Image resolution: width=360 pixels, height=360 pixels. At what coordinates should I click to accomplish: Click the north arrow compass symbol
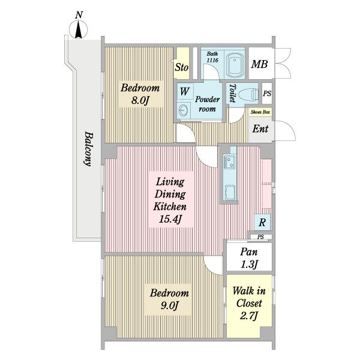coord(78,29)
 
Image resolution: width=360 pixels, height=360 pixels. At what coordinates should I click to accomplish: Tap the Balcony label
coord(89,149)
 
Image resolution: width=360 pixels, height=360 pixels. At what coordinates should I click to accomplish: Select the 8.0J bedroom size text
coord(140,100)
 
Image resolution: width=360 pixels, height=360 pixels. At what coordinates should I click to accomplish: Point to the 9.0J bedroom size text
coord(169,305)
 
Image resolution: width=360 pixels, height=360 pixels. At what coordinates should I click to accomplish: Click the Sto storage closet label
coord(182,67)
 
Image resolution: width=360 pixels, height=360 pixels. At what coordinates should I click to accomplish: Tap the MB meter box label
coord(259,64)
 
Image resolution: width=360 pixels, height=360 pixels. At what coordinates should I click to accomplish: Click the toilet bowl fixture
coord(248,94)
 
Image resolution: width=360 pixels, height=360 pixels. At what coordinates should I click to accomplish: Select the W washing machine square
coord(185,91)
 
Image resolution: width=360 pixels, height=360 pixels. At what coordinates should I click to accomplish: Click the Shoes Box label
coord(260,112)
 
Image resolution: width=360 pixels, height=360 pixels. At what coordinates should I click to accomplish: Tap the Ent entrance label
coord(260,128)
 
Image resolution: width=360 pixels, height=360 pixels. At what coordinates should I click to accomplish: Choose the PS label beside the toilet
coord(267,94)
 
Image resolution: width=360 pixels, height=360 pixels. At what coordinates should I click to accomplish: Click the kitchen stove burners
coord(230,161)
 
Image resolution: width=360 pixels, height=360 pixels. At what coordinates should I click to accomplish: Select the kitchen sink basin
coord(230,193)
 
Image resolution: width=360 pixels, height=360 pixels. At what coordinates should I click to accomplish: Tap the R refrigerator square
coord(262,222)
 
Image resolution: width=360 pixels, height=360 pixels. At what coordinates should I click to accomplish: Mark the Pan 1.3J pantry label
coord(249,258)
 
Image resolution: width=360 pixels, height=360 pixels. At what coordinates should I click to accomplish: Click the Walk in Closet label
coord(249,297)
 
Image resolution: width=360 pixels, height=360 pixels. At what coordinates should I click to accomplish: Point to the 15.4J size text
coord(170,219)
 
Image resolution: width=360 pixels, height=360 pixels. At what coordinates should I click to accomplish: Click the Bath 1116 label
coord(212,57)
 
